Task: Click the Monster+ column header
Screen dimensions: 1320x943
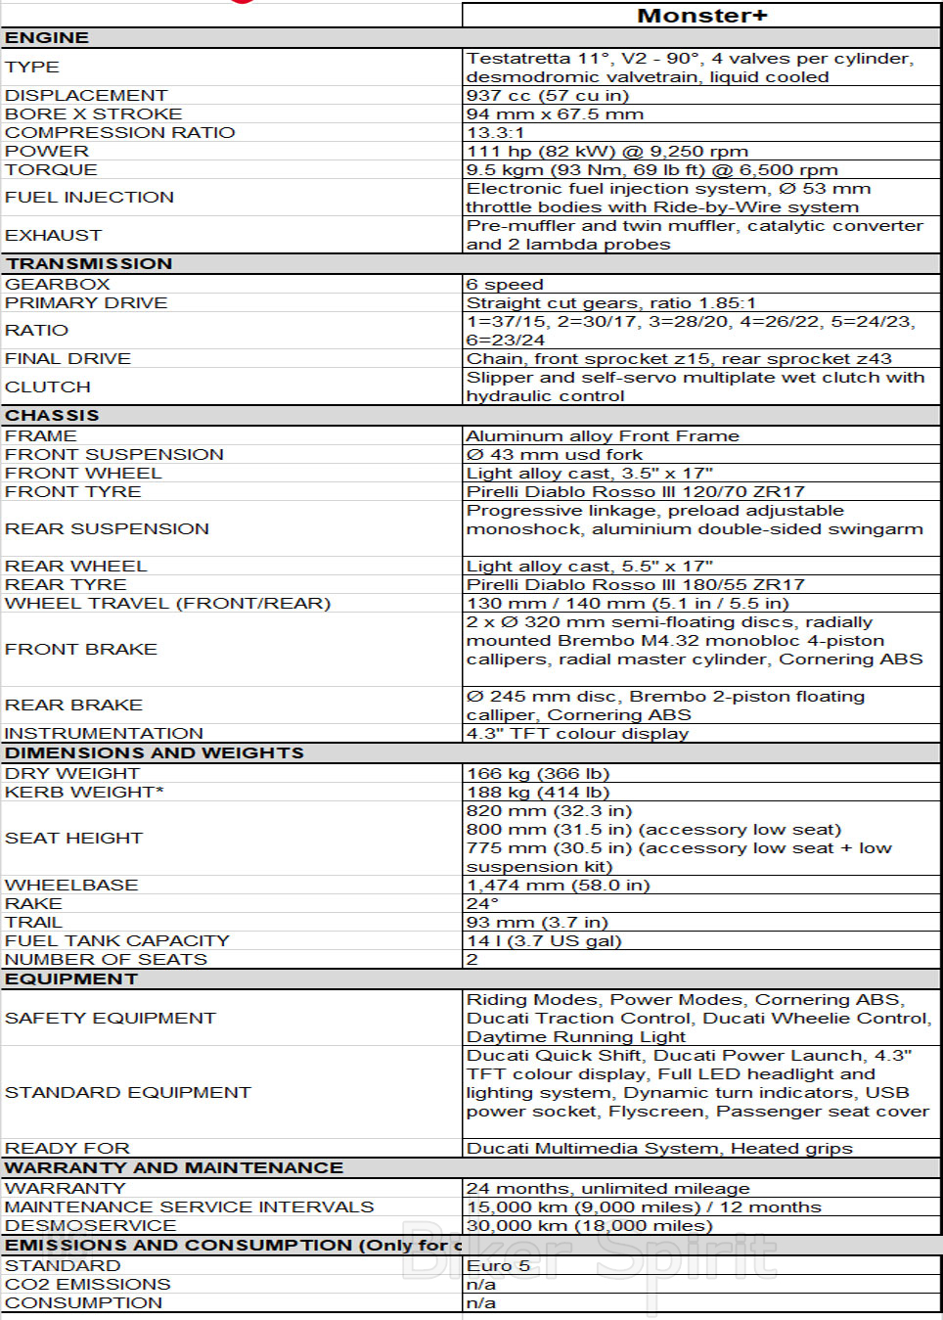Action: [x=701, y=16]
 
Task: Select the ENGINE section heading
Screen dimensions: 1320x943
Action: [x=47, y=37]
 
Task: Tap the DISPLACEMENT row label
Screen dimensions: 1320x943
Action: [x=86, y=95]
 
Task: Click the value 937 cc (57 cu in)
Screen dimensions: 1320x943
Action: [x=548, y=95]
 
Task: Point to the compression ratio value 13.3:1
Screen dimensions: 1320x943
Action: [x=495, y=132]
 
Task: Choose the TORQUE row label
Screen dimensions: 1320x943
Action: [x=51, y=169]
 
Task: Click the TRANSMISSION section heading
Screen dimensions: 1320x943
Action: [x=89, y=263]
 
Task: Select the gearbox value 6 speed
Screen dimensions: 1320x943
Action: [x=505, y=284]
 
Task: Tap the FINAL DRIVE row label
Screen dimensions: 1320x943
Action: [x=67, y=358]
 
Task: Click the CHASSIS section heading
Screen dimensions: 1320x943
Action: [x=52, y=415]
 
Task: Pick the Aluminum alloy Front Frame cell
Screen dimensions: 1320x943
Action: [x=603, y=435]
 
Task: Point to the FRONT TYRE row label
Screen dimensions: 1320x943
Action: [x=73, y=491]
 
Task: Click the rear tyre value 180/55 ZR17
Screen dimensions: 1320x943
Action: [x=636, y=584]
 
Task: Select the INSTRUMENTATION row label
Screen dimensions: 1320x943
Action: [x=104, y=733]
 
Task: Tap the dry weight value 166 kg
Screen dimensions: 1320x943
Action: [x=538, y=773]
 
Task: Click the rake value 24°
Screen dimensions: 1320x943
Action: [x=482, y=903]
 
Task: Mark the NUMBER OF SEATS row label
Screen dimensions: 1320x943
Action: [x=106, y=959]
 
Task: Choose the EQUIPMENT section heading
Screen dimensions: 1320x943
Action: [x=71, y=979]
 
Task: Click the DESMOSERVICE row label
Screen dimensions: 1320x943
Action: [x=90, y=1225]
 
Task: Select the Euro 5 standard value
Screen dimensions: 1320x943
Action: [x=498, y=1265]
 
